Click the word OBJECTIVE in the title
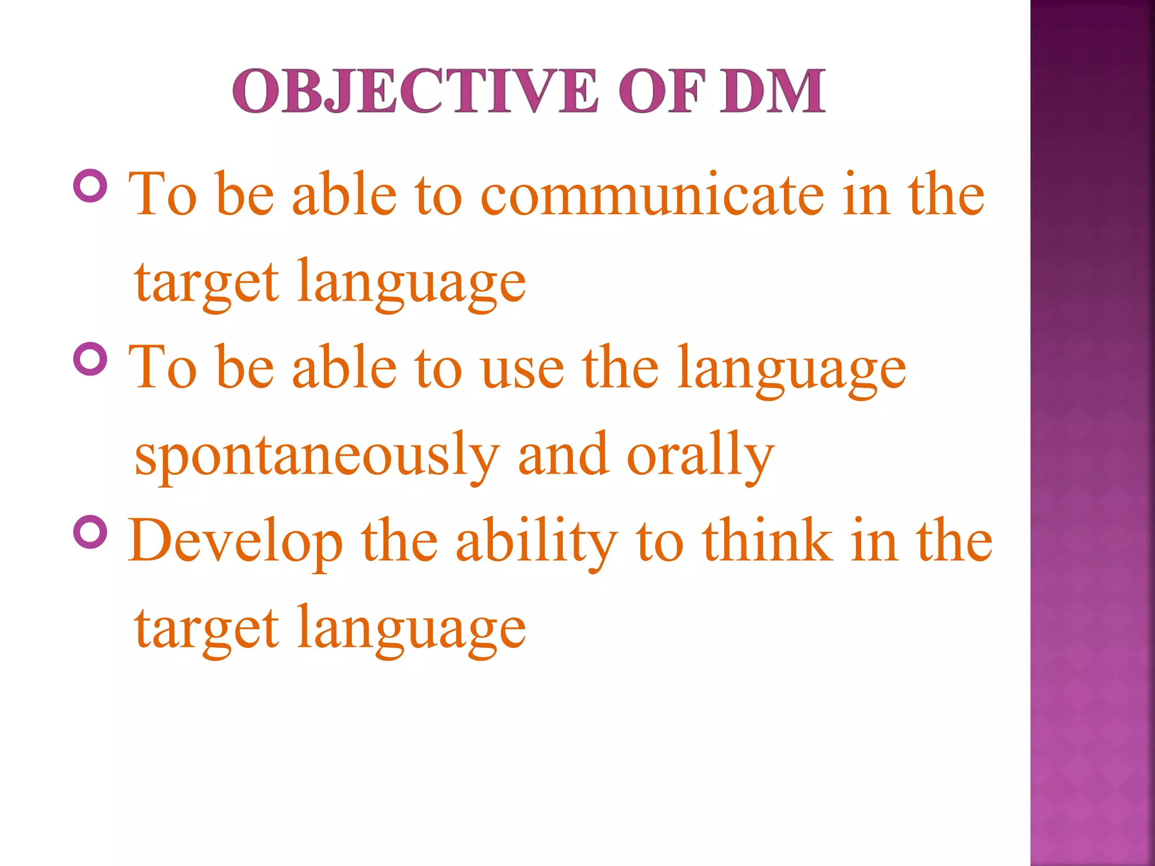[x=415, y=91]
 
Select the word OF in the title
[x=661, y=91]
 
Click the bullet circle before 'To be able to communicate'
[x=90, y=186]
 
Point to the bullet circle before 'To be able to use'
[x=90, y=359]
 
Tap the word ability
[x=536, y=541]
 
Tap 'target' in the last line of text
[x=206, y=629]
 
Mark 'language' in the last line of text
[x=411, y=629]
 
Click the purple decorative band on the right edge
[x=1092, y=433]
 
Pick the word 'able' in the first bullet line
[x=345, y=195]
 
